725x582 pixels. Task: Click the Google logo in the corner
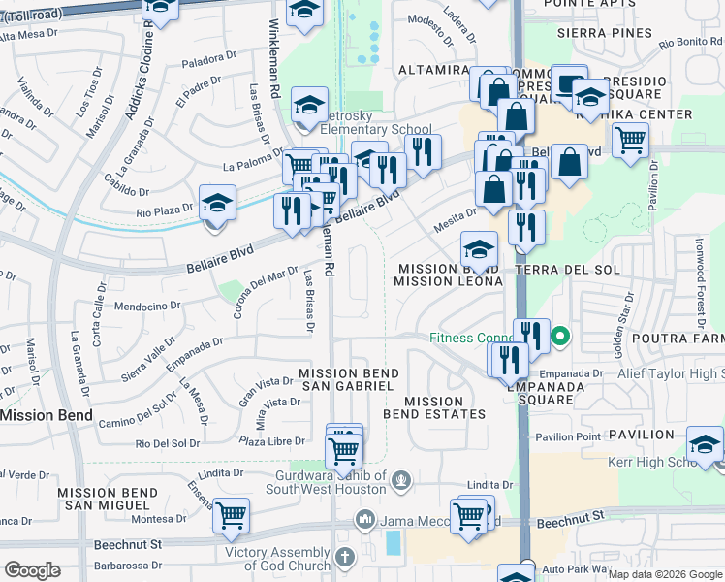coord(32,571)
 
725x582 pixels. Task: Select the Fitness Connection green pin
coord(559,339)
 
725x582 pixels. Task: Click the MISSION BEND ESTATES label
coord(433,407)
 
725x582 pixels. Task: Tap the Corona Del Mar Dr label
coord(265,294)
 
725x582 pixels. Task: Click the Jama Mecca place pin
coord(364,520)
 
